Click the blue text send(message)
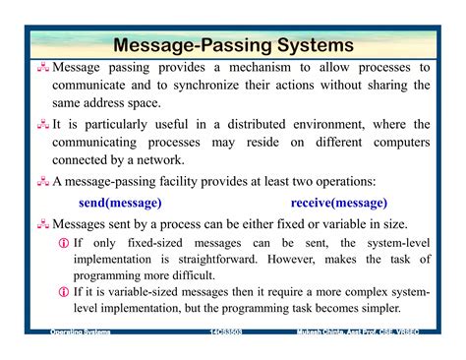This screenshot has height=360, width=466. (120, 203)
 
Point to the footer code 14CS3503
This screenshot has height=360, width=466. (229, 332)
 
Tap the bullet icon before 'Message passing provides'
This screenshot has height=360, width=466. (44, 68)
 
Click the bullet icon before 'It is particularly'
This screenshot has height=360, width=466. (44, 125)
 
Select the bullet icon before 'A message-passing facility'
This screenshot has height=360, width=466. (44, 182)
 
